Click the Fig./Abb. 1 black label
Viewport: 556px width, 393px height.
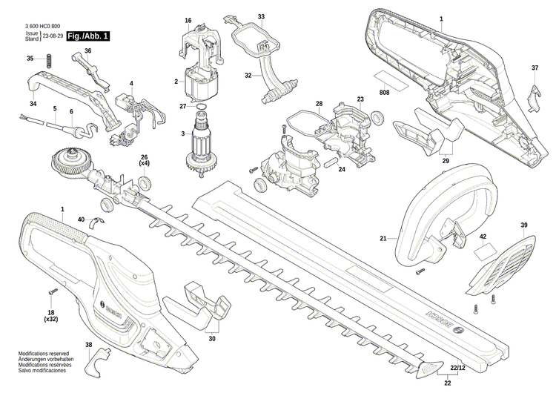(87, 36)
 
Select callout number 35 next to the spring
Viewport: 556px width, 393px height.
(30, 59)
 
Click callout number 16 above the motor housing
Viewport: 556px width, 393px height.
(188, 20)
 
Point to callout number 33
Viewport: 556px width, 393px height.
(261, 16)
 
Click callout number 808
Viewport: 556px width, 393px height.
(384, 93)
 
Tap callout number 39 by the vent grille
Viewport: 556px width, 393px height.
(523, 225)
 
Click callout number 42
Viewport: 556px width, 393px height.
(483, 237)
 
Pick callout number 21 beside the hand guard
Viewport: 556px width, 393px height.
(383, 239)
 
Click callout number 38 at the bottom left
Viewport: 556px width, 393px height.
(88, 346)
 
